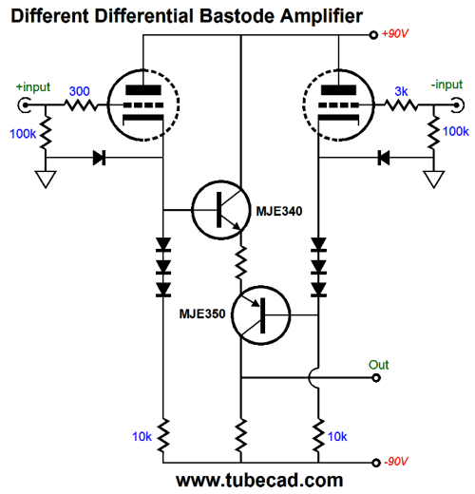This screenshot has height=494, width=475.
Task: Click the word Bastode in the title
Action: point(237,16)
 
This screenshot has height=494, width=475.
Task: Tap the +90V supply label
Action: point(395,33)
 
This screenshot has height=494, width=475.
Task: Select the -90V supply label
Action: point(396,462)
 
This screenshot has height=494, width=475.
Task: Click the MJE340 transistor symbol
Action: point(220,210)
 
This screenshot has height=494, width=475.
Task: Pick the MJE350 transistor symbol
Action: point(260,315)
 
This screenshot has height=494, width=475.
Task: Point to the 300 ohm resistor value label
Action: point(79,91)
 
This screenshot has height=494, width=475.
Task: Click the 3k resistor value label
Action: point(401,91)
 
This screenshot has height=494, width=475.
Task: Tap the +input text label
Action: point(33,86)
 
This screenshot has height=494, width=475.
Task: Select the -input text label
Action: point(446,85)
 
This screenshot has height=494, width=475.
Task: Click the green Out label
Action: point(378,365)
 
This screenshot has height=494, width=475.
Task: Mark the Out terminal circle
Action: point(376,378)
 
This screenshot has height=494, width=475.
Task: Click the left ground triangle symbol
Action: point(46,180)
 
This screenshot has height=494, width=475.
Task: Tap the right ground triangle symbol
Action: point(433,180)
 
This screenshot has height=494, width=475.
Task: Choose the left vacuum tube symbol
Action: point(143,104)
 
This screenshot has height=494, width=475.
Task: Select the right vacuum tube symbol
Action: point(338,104)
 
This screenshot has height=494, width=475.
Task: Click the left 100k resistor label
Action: point(23,134)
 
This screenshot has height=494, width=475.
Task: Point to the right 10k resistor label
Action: point(337,437)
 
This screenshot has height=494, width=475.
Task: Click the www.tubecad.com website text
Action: point(259,480)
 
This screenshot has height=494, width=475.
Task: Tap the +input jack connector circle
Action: point(24,104)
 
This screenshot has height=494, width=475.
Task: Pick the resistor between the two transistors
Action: point(241,262)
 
